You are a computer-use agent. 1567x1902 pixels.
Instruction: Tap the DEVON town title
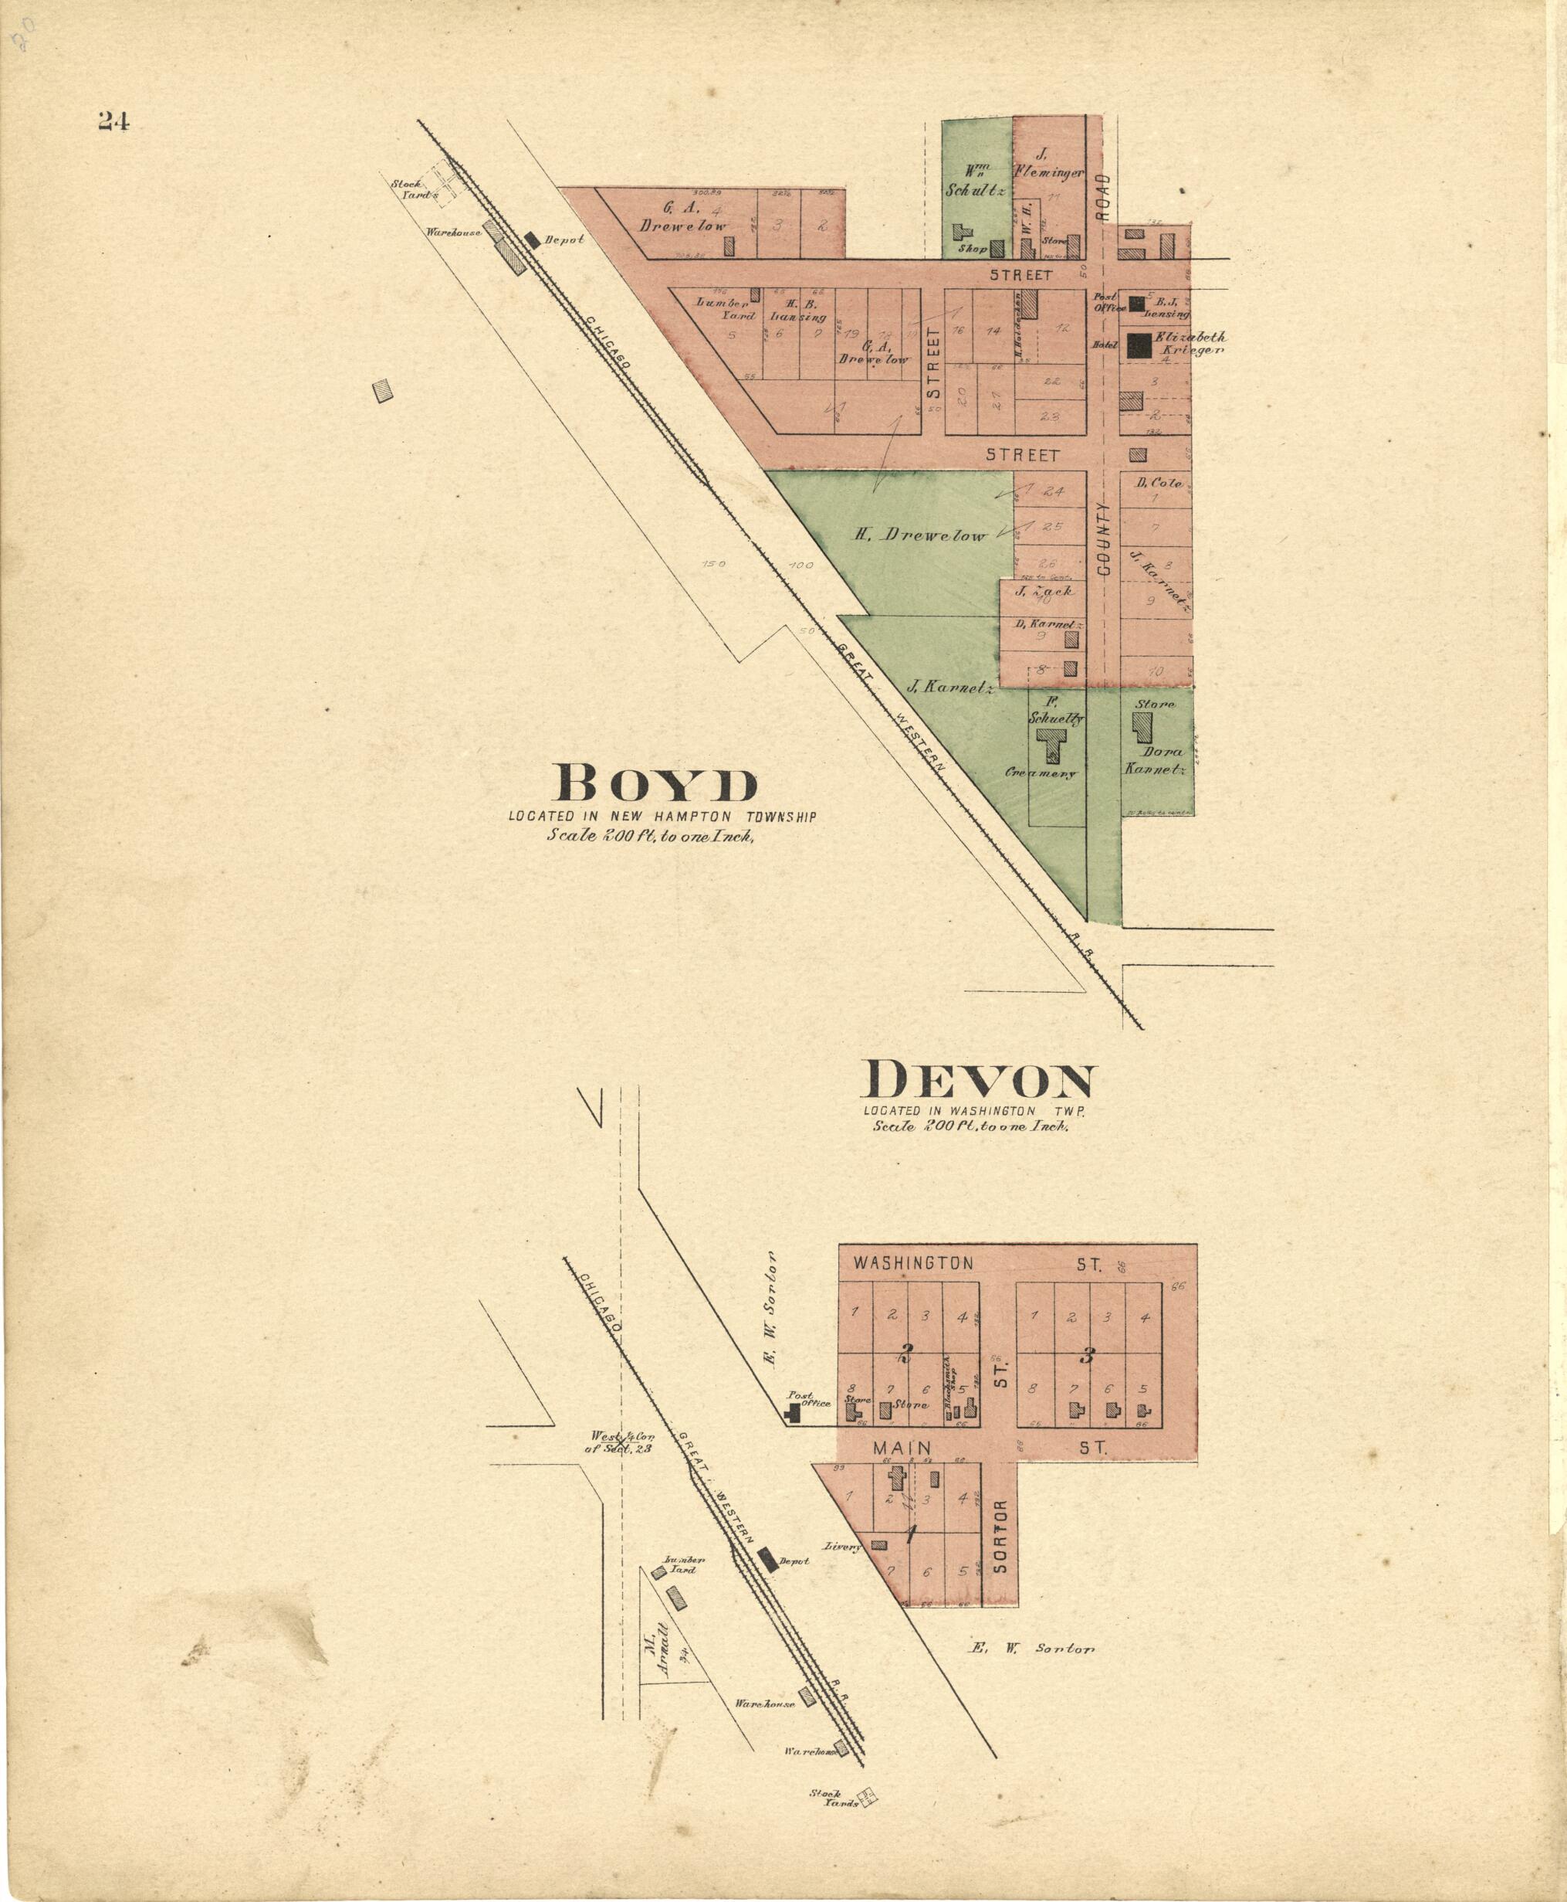click(x=980, y=1081)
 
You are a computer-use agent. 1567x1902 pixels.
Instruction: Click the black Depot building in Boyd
click(x=533, y=240)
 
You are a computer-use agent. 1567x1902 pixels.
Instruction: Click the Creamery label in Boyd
click(x=1041, y=773)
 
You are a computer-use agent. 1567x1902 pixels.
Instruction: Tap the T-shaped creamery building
click(x=1050, y=744)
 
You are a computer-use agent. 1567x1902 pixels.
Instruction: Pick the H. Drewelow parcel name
click(x=921, y=535)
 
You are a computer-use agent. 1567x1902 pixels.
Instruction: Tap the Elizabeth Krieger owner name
click(x=1190, y=343)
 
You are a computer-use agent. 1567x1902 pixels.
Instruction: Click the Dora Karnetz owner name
click(x=1152, y=759)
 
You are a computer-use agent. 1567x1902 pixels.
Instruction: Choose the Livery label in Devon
click(x=843, y=1546)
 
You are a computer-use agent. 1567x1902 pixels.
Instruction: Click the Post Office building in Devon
click(x=792, y=1414)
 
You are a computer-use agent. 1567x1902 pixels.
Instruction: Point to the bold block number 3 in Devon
click(x=1088, y=1355)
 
